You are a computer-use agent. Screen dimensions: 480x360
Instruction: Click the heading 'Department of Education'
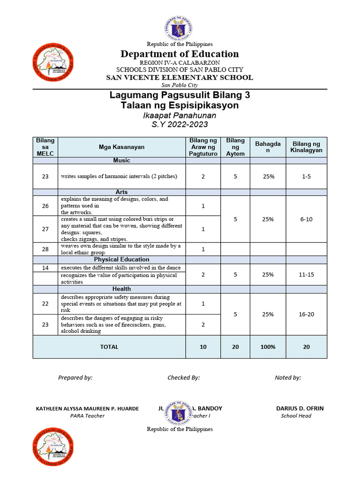(x=180, y=54)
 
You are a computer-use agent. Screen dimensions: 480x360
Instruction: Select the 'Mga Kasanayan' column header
(x=121, y=147)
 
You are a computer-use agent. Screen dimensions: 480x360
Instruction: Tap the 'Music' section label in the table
(x=121, y=161)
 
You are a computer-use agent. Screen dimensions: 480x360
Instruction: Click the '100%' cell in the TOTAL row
(x=268, y=347)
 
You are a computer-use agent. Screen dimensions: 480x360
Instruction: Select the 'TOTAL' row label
(x=109, y=347)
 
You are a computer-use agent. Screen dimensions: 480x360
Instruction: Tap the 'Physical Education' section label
(x=121, y=259)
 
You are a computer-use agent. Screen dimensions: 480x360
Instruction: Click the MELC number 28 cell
(x=45, y=249)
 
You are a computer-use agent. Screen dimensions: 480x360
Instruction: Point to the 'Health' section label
(x=121, y=289)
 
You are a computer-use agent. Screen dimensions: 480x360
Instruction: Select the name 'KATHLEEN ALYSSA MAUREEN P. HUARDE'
(x=87, y=408)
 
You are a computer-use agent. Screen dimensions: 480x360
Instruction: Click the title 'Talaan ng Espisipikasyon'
(x=180, y=105)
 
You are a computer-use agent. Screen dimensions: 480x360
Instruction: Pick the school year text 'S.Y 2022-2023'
(x=180, y=125)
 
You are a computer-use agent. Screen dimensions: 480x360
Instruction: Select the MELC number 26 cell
(x=45, y=206)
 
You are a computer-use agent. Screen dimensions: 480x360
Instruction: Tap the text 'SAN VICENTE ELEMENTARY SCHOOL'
(x=180, y=77)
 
